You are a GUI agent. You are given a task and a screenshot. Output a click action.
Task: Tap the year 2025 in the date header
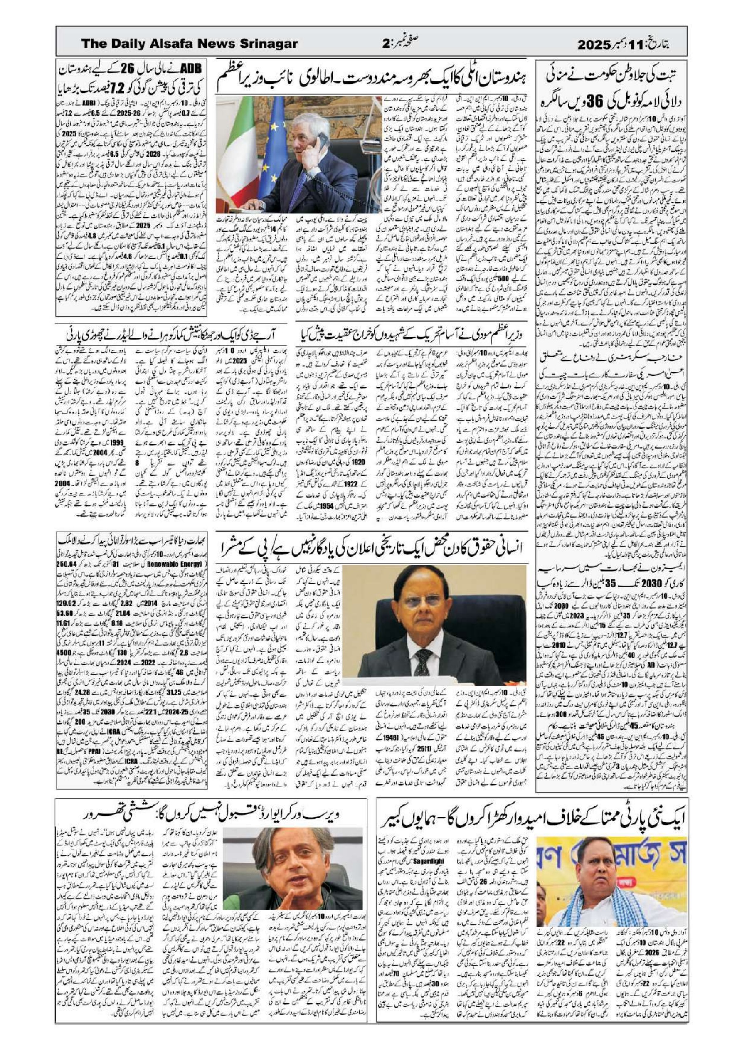593,44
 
